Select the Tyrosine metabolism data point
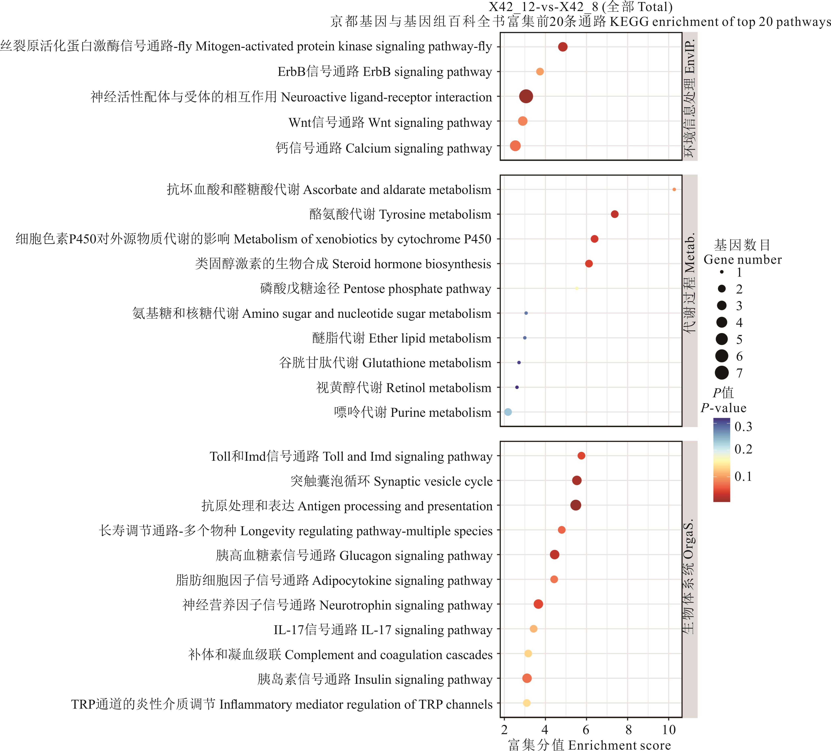pyautogui.click(x=614, y=214)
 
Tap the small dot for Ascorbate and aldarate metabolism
pyautogui.click(x=674, y=190)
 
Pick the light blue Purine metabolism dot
pyautogui.click(x=508, y=412)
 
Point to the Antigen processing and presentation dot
pyautogui.click(x=576, y=505)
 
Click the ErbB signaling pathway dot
pyautogui.click(x=539, y=72)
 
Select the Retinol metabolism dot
pyautogui.click(x=517, y=387)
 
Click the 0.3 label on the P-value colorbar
pyautogui.click(x=743, y=427)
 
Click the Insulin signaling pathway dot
pyautogui.click(x=527, y=678)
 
